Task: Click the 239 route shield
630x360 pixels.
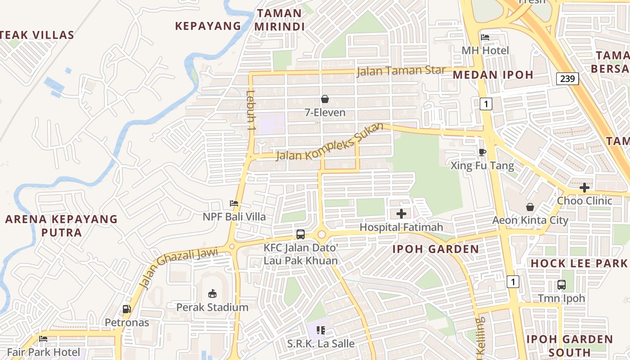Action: pos(567,79)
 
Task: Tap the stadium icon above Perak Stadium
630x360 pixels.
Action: pos(212,294)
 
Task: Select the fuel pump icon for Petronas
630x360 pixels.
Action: pos(127,309)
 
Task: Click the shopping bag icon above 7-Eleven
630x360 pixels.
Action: pos(325,99)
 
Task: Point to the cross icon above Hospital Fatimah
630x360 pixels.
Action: pos(401,214)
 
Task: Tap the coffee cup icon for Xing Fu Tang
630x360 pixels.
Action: pos(482,153)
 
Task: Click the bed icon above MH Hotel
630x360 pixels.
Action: pos(485,37)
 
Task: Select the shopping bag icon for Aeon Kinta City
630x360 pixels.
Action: pos(530,207)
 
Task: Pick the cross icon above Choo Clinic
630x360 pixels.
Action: pos(585,187)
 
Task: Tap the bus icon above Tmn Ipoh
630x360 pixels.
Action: pos(562,285)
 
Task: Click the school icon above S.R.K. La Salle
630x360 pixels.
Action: pos(321,330)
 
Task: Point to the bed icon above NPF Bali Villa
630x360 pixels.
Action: pos(234,203)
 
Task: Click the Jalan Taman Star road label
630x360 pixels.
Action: pos(401,71)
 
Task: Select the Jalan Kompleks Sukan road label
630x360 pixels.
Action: pos(329,142)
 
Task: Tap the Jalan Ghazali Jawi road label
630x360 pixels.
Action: pos(179,266)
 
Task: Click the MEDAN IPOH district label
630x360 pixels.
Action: pos(493,75)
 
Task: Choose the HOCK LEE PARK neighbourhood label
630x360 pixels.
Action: pos(579,263)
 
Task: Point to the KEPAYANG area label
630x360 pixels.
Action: pos(208,26)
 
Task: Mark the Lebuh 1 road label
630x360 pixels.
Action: pos(251,111)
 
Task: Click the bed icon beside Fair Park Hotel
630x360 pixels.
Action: pos(43,339)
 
